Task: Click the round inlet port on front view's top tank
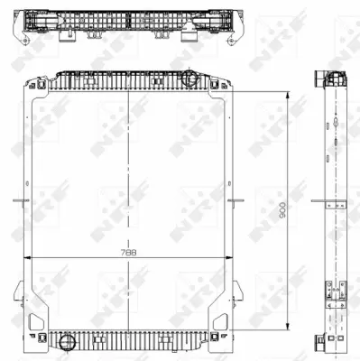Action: click(191, 79)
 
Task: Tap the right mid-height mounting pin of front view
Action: click(240, 200)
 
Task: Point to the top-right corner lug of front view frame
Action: click(224, 85)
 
